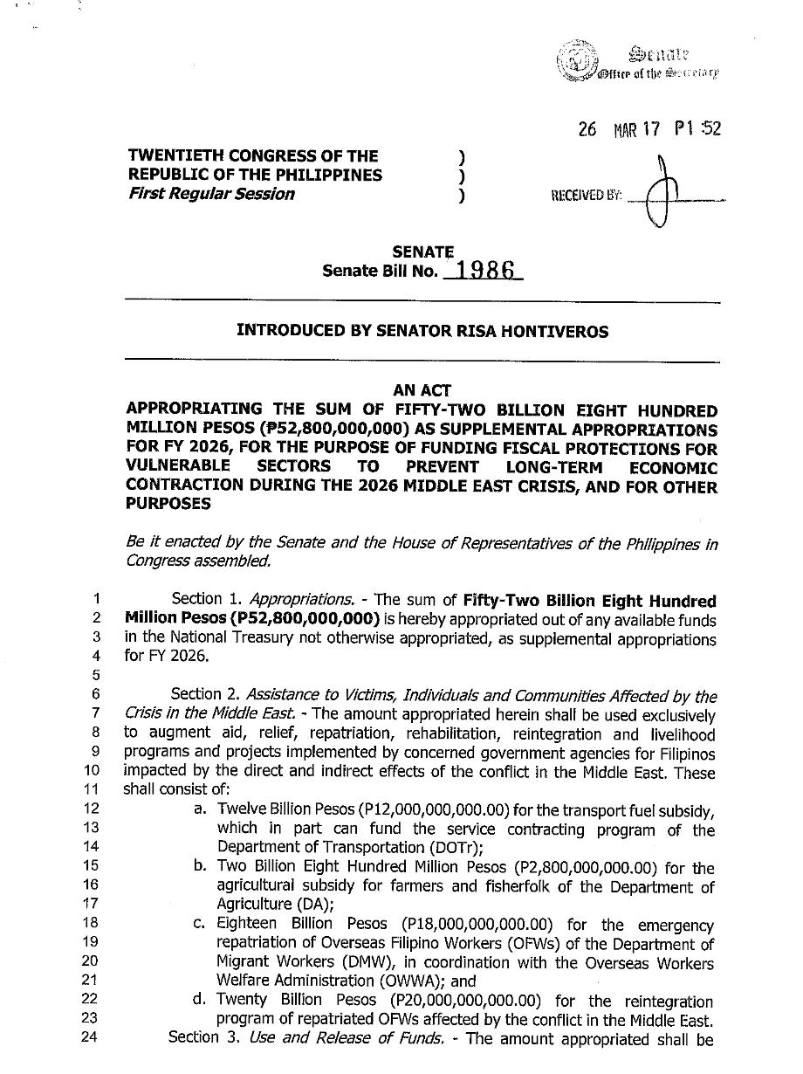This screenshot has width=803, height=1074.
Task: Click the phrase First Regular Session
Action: [210, 194]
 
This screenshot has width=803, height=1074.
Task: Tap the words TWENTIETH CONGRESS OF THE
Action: [253, 156]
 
